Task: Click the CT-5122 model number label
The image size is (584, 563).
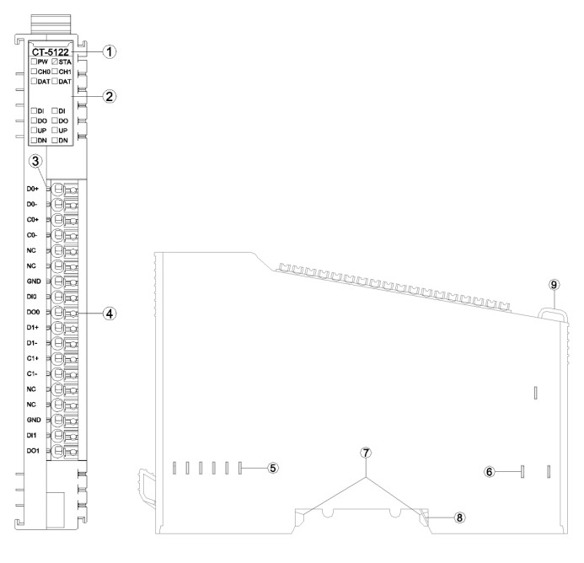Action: tap(51, 52)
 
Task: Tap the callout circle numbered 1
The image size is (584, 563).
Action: tap(109, 51)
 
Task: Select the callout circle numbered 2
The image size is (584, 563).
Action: tap(109, 97)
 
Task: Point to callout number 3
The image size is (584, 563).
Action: tap(35, 161)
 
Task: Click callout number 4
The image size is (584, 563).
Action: tap(109, 314)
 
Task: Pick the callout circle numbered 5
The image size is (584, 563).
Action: tap(273, 468)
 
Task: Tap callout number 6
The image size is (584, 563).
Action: tap(490, 472)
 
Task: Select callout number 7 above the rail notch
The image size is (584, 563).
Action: tap(366, 453)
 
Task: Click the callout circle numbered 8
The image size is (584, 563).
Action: tap(459, 517)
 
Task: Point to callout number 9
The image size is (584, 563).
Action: tap(554, 285)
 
